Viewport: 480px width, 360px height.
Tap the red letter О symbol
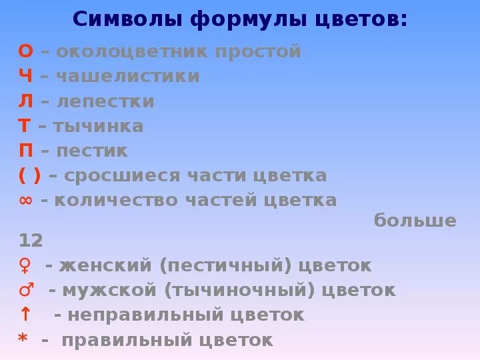click(25, 51)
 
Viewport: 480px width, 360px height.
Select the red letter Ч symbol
click(25, 77)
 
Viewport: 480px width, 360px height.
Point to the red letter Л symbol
click(25, 102)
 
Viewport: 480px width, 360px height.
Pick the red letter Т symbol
click(25, 127)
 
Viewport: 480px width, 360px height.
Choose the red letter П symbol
click(25, 151)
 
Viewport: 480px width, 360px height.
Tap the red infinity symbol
click(25, 201)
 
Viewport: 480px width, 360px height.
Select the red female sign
click(25, 266)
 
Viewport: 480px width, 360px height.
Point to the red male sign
click(26, 291)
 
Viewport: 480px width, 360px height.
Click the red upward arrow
click(25, 315)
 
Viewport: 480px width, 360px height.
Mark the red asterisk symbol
click(23, 339)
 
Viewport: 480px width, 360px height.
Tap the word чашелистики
click(127, 77)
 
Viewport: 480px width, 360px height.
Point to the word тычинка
click(98, 127)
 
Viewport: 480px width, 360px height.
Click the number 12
click(31, 240)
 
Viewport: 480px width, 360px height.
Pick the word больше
click(415, 221)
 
